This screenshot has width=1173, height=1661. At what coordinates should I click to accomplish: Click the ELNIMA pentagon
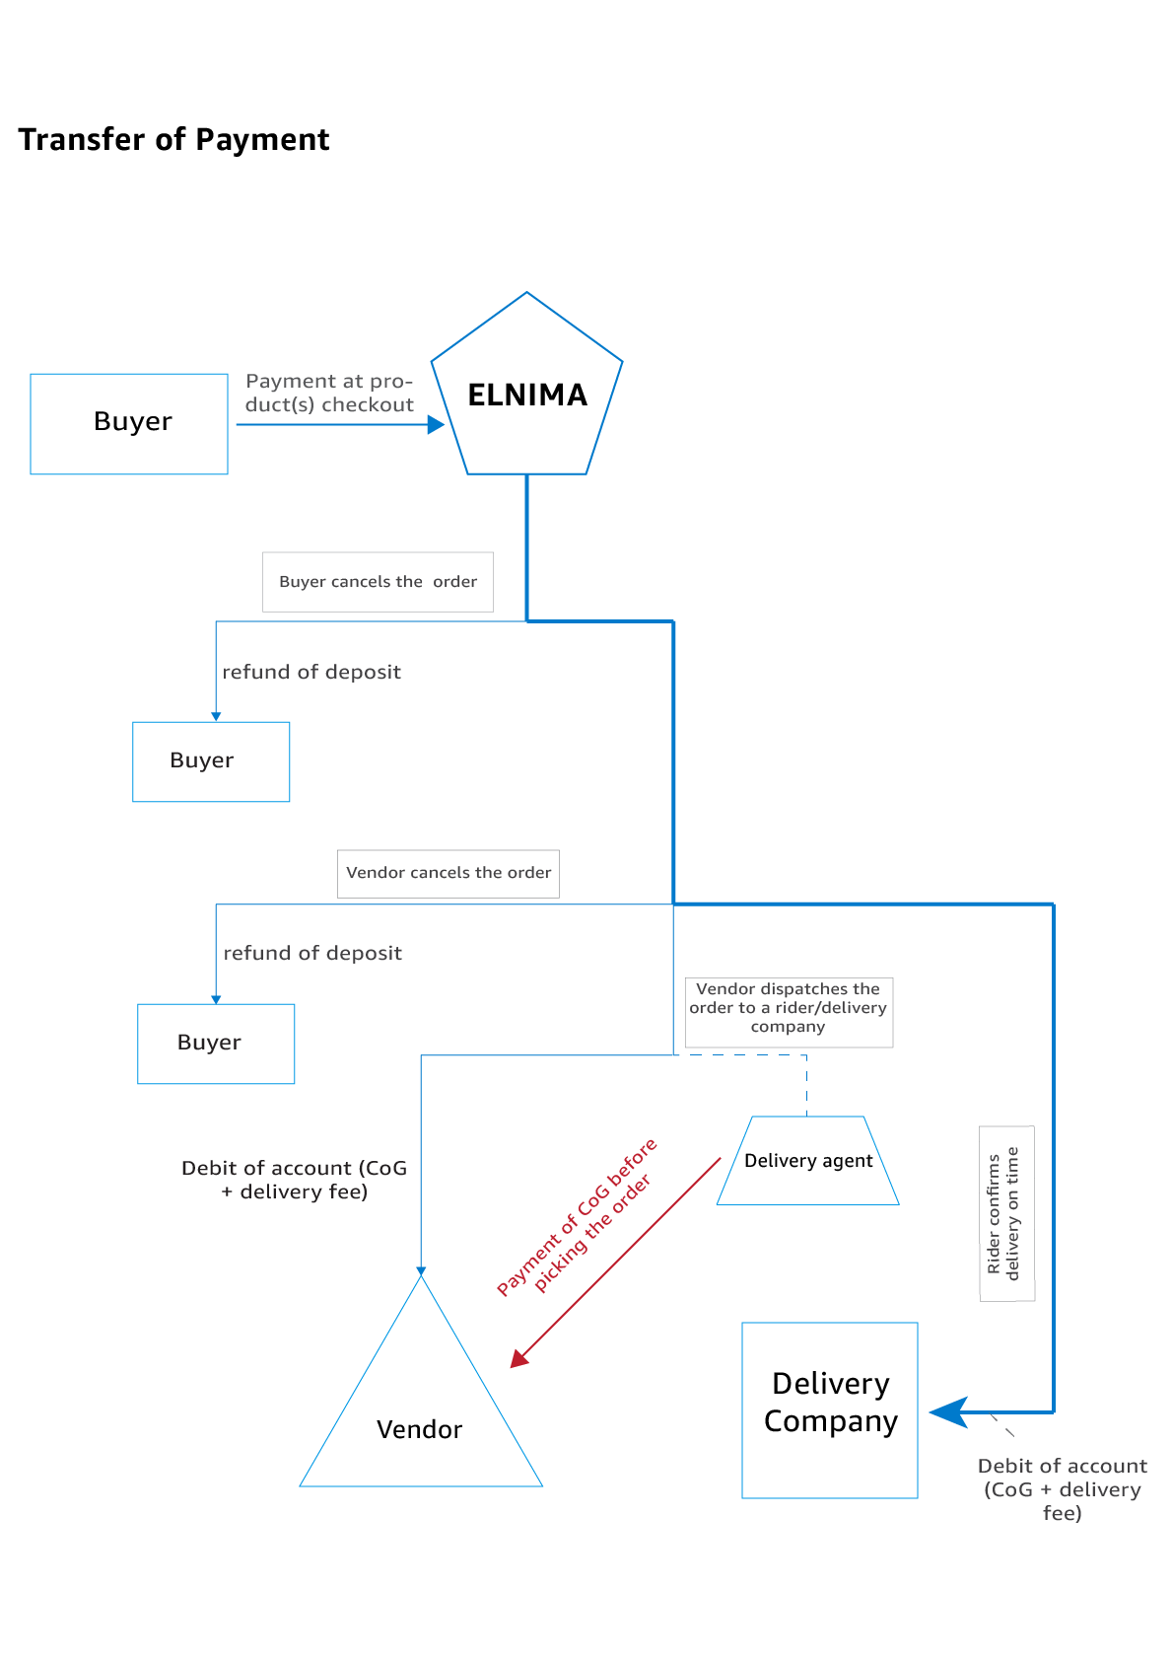point(526,395)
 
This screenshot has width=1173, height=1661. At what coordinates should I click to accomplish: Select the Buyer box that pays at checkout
point(129,423)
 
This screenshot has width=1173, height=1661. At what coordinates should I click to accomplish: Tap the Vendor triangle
point(421,1420)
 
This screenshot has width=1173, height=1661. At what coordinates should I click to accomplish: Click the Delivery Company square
point(830,1409)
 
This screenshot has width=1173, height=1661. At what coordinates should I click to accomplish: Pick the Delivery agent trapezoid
point(807,1161)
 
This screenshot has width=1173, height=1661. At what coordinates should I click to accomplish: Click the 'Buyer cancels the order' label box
point(378,582)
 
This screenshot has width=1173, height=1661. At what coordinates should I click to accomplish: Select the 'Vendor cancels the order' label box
point(448,873)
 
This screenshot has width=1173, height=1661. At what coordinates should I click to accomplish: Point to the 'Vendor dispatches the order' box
point(789,1012)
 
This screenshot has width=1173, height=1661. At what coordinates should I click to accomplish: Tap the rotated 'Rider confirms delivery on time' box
point(1006,1213)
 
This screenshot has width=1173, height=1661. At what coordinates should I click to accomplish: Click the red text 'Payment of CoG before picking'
point(578,1218)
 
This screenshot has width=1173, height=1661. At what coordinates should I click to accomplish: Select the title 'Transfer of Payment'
point(173,140)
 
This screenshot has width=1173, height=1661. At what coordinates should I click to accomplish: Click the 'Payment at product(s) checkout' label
point(329,393)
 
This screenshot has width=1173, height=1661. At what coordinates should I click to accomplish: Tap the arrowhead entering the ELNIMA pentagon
point(436,425)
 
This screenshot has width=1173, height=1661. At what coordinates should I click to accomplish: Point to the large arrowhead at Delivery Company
point(949,1411)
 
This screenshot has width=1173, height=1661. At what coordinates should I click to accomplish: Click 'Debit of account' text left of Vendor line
point(294,1180)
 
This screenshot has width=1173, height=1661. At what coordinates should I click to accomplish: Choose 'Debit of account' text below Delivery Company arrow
point(1062,1488)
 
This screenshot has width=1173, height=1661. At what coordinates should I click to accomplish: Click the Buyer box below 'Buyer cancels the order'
point(211,761)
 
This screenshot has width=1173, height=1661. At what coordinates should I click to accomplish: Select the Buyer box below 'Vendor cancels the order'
point(216,1044)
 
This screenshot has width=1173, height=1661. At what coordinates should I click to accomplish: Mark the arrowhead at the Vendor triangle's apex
point(421,1270)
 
